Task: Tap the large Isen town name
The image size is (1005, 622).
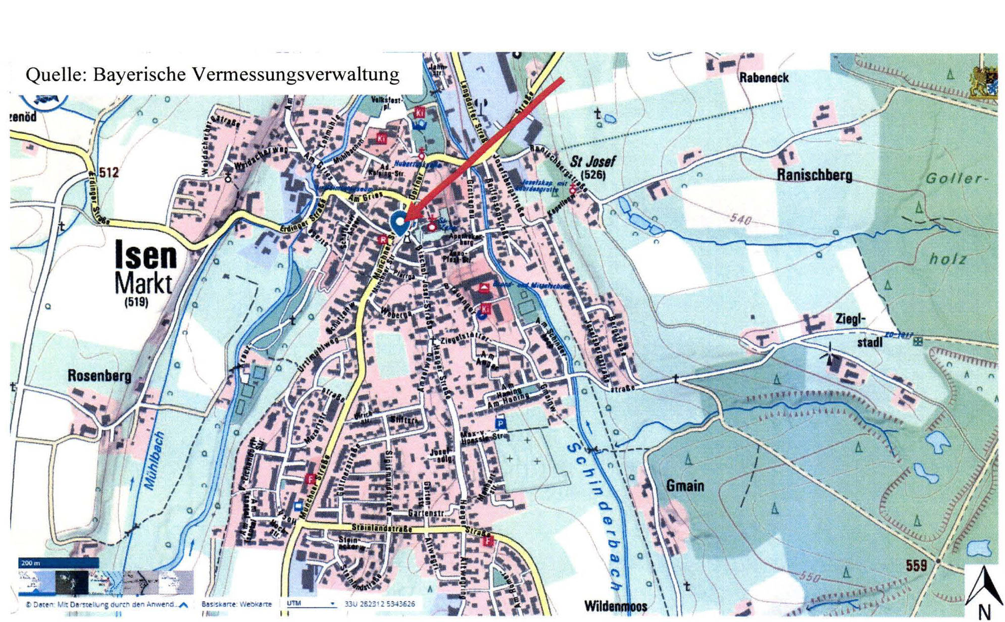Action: (146, 255)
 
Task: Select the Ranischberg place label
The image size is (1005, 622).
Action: (814, 175)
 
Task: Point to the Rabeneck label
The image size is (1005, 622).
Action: (764, 78)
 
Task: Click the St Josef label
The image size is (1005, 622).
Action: (593, 162)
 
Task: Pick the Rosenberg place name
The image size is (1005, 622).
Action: (99, 376)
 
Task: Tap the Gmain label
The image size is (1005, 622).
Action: (685, 486)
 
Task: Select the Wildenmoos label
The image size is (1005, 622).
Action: (615, 606)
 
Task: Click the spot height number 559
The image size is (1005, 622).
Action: (916, 565)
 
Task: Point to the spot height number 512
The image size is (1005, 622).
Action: (109, 173)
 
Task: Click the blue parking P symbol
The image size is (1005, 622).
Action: (500, 423)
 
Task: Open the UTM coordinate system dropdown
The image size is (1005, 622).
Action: (311, 603)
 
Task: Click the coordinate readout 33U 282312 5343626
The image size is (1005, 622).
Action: (380, 604)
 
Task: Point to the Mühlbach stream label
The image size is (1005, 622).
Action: (155, 460)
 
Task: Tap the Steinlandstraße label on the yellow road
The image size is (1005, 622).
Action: (381, 528)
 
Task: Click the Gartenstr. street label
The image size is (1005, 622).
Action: (426, 513)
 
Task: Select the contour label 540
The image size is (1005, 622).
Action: (740, 220)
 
